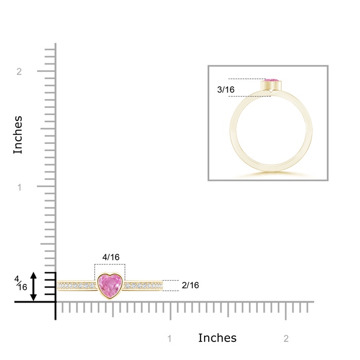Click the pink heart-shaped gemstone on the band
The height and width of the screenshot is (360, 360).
pos(110,285)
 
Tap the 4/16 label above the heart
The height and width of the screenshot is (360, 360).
pos(111,257)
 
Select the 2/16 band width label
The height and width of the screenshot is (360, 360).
pos(190,285)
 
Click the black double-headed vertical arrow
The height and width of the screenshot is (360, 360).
pos(33,286)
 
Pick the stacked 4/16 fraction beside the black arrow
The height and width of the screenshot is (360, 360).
pos(21,283)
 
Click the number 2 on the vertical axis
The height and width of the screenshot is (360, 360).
pos(19,71)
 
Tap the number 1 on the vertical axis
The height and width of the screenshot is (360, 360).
pos(20,187)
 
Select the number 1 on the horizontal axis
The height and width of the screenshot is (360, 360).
pos(170,338)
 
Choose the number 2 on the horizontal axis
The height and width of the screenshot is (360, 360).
pos(286,338)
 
